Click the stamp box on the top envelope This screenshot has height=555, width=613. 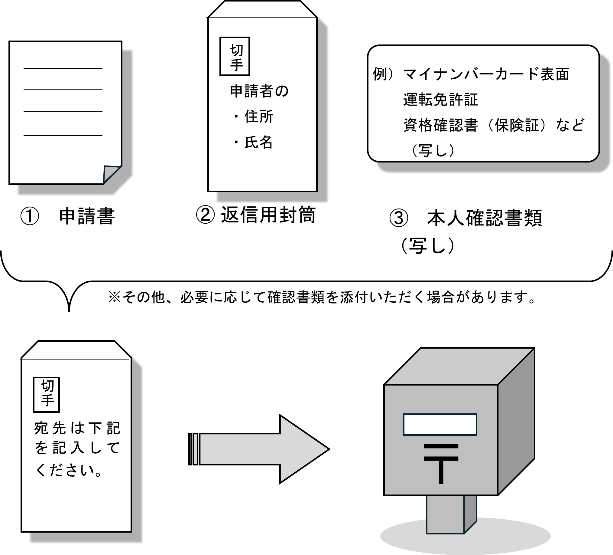coord(235,56)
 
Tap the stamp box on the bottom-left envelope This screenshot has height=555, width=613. coord(46,394)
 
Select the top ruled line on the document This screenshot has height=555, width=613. coord(63,68)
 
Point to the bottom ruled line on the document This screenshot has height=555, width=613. coord(63,136)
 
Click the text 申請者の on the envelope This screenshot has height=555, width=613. coord(259,91)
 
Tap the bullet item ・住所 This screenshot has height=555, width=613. coord(254,117)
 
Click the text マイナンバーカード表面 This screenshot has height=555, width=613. coord(486,74)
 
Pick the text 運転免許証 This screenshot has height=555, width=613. coord(441,100)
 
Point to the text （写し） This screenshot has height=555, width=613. coord(433,150)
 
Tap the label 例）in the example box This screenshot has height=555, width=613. coord(384,74)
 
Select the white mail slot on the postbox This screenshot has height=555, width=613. coord(440,424)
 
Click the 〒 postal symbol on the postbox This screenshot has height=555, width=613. coord(441,463)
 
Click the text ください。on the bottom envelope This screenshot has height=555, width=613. coord(68,470)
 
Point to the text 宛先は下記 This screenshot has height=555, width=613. coord(77,428)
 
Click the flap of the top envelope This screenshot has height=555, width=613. coord(262,10)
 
